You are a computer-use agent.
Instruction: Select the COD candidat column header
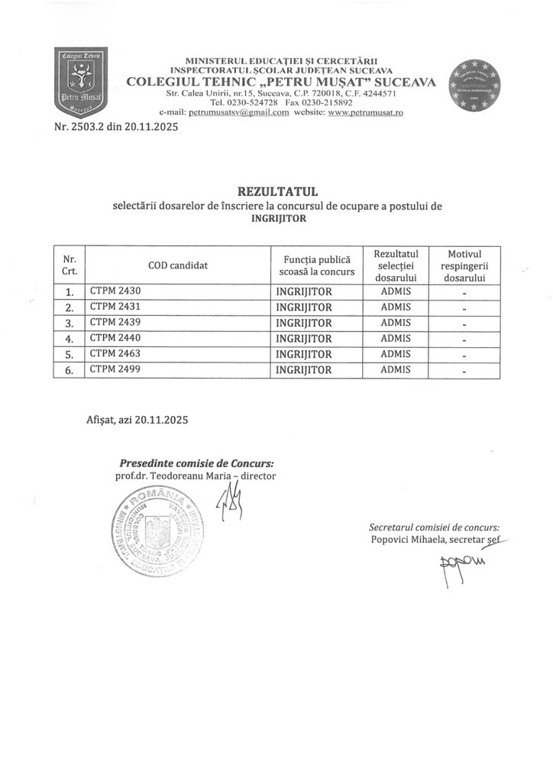coord(178,265)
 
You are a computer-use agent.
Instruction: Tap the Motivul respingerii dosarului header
coord(464,265)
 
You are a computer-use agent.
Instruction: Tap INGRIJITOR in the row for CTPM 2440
coord(303,338)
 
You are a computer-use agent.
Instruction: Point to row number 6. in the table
coord(70,370)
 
